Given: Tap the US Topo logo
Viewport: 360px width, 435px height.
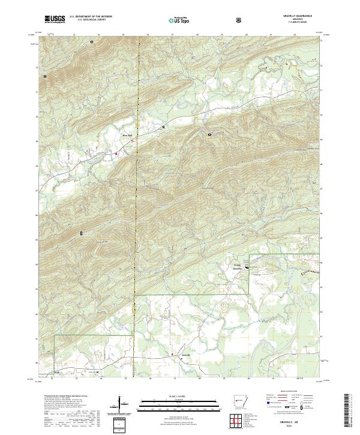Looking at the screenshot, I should coord(179,20).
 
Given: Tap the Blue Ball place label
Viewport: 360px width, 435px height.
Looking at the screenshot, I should coord(126,135).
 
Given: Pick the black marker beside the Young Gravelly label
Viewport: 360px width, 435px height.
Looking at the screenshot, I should coord(245,268).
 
